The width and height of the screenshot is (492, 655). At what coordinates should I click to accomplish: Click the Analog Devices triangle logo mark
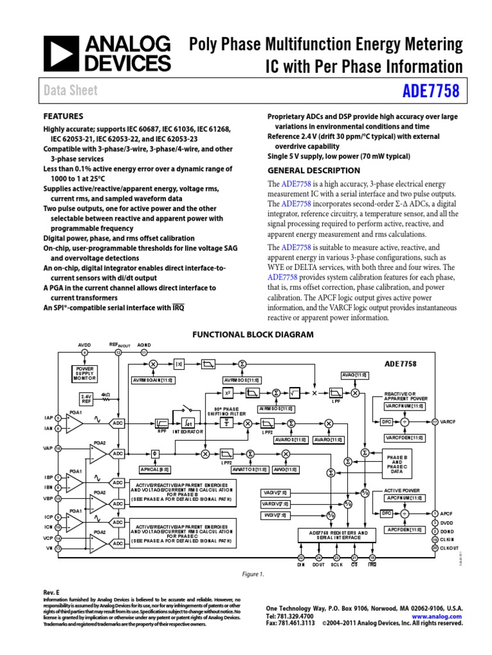pos(60,53)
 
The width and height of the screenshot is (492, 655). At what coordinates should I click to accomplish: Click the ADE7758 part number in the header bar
pos(431,91)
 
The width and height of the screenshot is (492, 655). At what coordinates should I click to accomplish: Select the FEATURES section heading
pos(63,116)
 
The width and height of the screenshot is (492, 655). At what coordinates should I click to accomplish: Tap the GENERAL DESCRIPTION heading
pos(313,170)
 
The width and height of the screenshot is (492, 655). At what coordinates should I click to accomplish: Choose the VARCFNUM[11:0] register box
pos(403,406)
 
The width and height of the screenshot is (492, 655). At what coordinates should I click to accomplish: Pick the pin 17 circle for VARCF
pos(435,422)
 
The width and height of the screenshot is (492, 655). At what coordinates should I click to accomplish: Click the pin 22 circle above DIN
pos(301,558)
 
